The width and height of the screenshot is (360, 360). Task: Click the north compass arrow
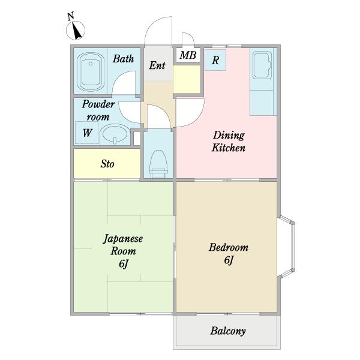tap(76, 31)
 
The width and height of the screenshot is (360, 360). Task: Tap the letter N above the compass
tap(71, 16)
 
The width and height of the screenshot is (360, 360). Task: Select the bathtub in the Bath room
tap(91, 71)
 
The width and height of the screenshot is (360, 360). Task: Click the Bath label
tap(123, 59)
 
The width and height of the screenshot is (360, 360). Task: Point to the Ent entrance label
tap(157, 65)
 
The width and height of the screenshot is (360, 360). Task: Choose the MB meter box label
tap(188, 55)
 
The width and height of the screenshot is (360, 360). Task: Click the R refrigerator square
tap(215, 60)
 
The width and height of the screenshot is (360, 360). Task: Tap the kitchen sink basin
tap(262, 65)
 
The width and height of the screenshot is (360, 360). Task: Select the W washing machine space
tap(87, 133)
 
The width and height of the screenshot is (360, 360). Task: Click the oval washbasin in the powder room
tap(115, 134)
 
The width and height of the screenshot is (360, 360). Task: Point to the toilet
tap(158, 164)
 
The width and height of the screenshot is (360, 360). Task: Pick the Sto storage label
tap(107, 164)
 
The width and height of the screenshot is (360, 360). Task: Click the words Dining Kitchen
tap(229, 141)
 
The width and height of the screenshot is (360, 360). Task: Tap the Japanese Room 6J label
tap(123, 251)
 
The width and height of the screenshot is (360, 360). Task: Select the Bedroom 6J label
tap(229, 253)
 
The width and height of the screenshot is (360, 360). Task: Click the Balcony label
tap(228, 331)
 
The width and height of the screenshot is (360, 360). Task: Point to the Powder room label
tap(98, 110)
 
